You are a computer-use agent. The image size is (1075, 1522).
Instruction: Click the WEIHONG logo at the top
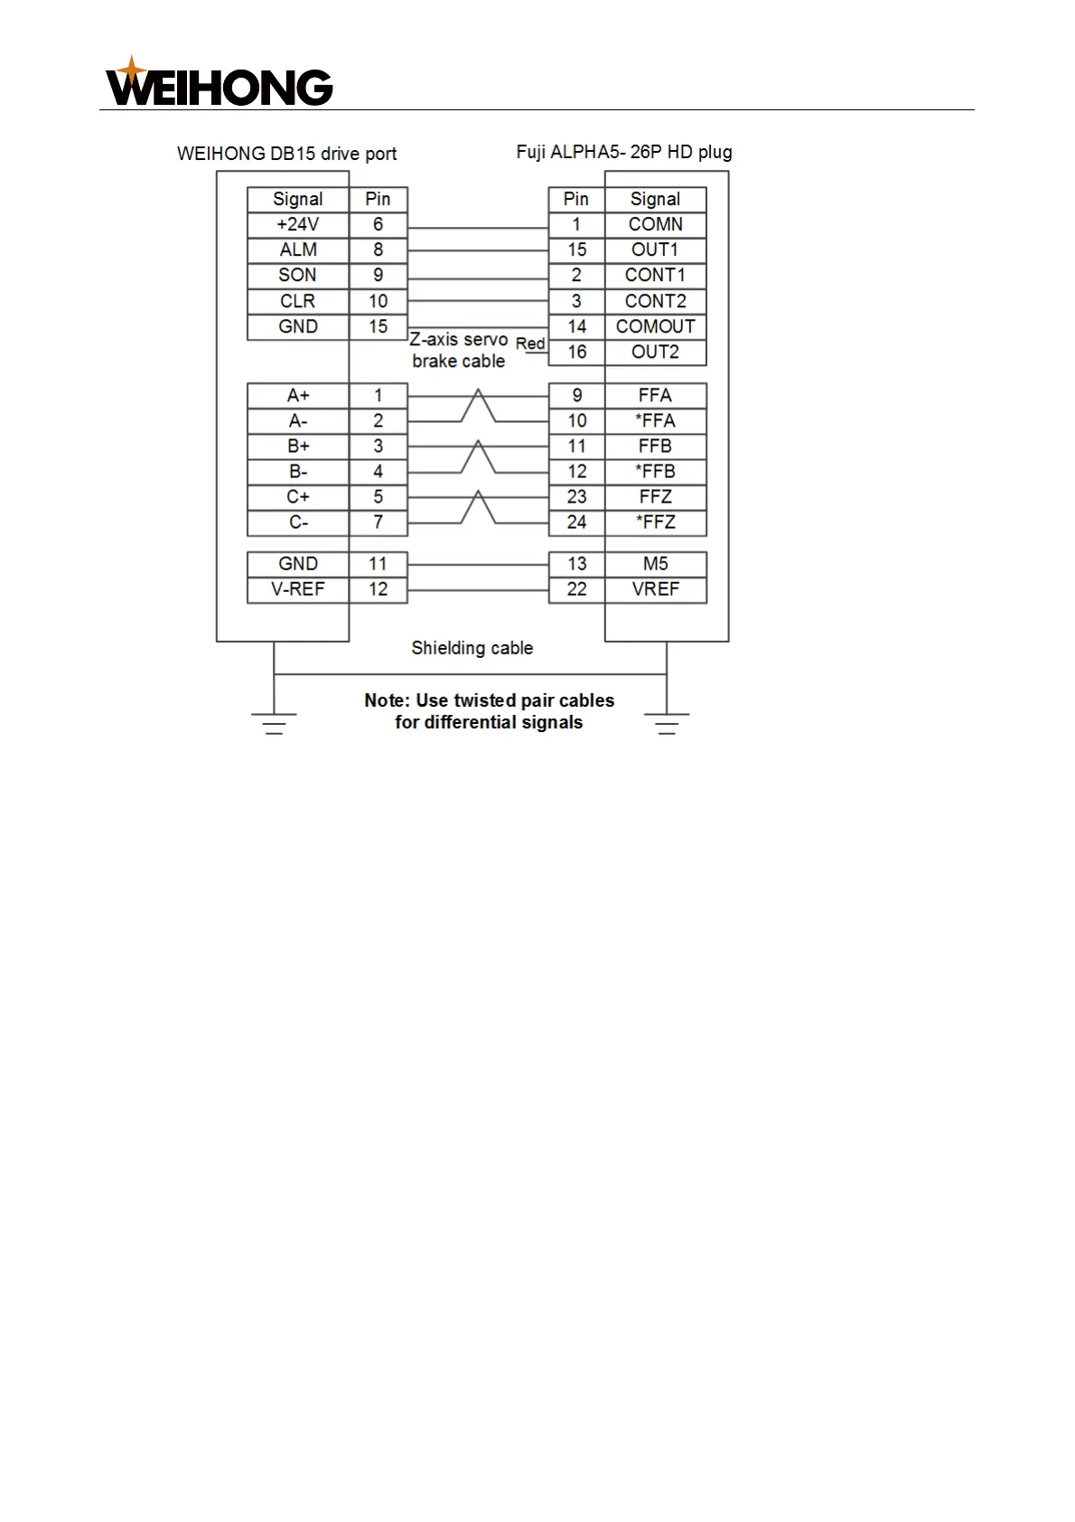click(219, 83)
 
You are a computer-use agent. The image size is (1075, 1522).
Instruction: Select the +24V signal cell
click(297, 225)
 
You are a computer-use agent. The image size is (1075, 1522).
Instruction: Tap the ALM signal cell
click(297, 250)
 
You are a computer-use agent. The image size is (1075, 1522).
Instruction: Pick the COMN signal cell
click(655, 225)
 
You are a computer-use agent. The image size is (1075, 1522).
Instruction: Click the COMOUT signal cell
click(655, 326)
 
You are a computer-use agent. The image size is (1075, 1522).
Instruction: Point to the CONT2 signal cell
click(655, 301)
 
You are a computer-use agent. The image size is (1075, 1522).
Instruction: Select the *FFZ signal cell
click(655, 522)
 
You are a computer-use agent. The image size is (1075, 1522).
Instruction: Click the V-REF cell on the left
click(297, 589)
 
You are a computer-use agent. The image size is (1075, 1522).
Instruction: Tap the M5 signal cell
click(655, 564)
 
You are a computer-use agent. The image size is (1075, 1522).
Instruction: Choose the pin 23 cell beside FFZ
click(576, 497)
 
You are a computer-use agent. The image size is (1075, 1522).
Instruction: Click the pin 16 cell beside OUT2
click(576, 352)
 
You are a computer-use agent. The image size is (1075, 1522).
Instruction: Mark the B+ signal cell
click(297, 446)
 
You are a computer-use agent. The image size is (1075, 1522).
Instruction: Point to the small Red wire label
click(530, 343)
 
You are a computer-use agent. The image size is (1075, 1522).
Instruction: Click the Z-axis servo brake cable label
click(459, 351)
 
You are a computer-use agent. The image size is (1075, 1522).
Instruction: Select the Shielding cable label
click(472, 648)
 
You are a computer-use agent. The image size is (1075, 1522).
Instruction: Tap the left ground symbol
click(274, 722)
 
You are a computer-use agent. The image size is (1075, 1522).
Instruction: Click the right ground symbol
click(667, 722)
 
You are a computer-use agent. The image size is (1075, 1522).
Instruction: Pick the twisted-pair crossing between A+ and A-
click(478, 407)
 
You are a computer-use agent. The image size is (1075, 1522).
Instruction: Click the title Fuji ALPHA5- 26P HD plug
click(623, 153)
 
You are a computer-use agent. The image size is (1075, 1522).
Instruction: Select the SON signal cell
click(297, 276)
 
